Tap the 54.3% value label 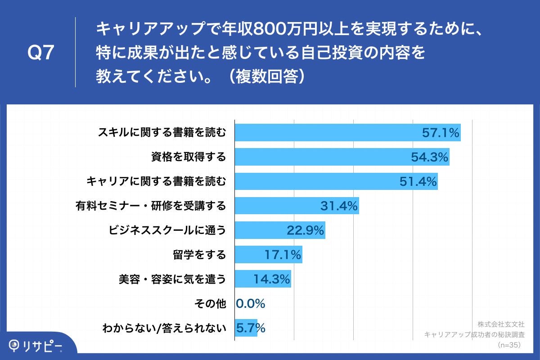click(429, 157)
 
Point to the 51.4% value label click(418, 181)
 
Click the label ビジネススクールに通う click(167, 230)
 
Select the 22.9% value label click(306, 230)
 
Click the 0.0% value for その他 click(251, 304)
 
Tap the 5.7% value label click(251, 328)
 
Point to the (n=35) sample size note click(508, 345)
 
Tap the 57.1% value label click(441, 133)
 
